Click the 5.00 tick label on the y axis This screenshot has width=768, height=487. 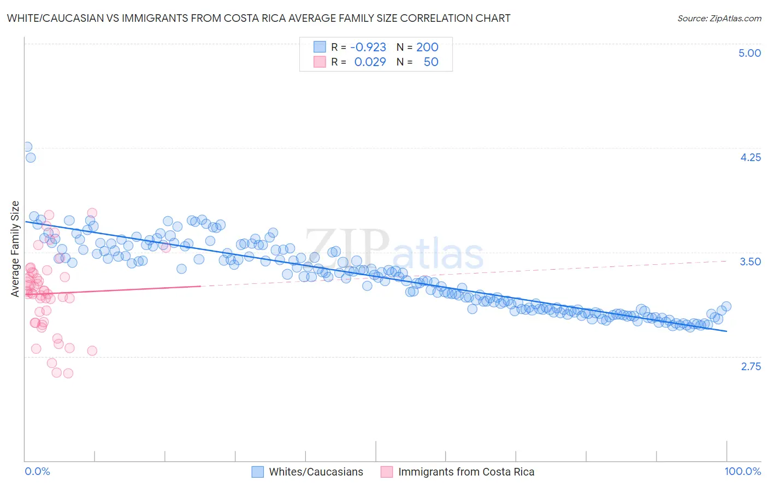(x=749, y=53)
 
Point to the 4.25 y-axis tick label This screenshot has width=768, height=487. (x=750, y=157)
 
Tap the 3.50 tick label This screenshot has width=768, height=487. (x=750, y=262)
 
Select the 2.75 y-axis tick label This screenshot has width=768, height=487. (x=751, y=366)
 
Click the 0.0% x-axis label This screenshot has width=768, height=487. (x=37, y=472)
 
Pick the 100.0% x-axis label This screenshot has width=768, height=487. (x=742, y=472)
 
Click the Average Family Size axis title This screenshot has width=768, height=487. (x=15, y=249)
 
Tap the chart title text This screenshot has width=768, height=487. (x=258, y=18)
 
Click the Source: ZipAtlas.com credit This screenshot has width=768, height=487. (x=719, y=18)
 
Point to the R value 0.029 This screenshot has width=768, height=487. (x=370, y=62)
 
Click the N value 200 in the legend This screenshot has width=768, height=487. (x=427, y=47)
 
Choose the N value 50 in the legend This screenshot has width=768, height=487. (x=431, y=62)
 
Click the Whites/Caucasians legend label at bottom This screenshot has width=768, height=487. (x=316, y=472)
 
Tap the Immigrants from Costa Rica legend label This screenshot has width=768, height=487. (x=466, y=472)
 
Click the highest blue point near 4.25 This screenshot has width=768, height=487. (x=27, y=147)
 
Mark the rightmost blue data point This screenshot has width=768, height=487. (x=726, y=306)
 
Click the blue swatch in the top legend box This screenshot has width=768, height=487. (x=320, y=47)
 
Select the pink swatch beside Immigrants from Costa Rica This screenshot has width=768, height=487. (x=386, y=472)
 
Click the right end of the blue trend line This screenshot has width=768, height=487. (x=726, y=331)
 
